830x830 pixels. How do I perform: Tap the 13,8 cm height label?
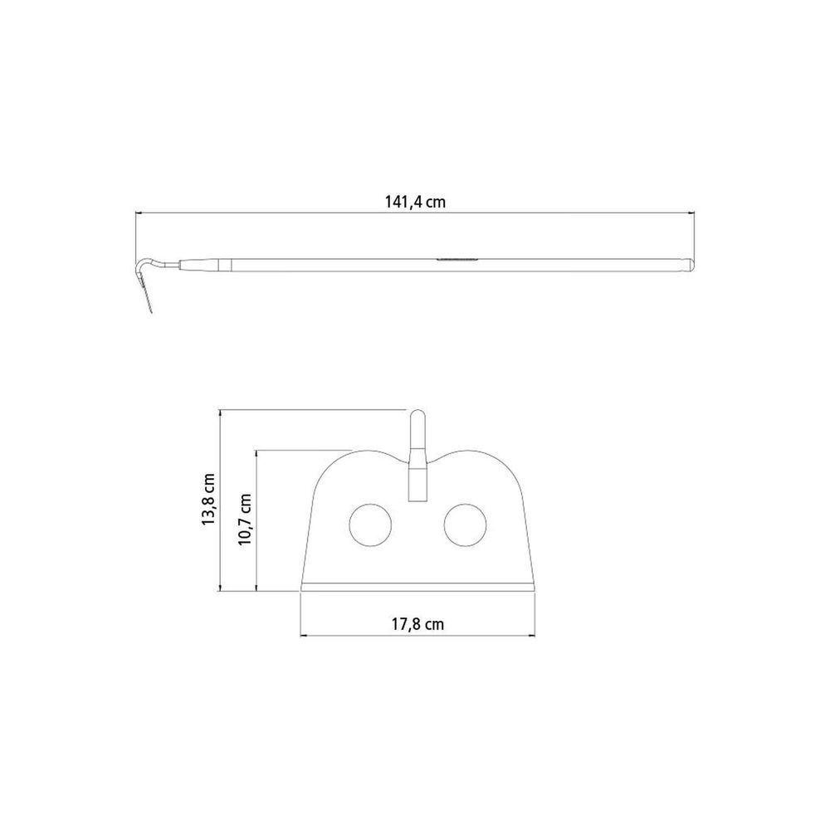coord(208,499)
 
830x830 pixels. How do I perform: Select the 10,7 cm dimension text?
coord(245,520)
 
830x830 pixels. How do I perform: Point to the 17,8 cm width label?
coord(417,624)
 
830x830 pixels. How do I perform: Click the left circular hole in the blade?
coord(370,525)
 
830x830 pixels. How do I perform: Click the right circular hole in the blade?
coord(465,525)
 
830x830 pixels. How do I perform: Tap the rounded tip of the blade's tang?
coord(417,413)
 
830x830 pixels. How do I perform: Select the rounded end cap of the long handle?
coord(689,266)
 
